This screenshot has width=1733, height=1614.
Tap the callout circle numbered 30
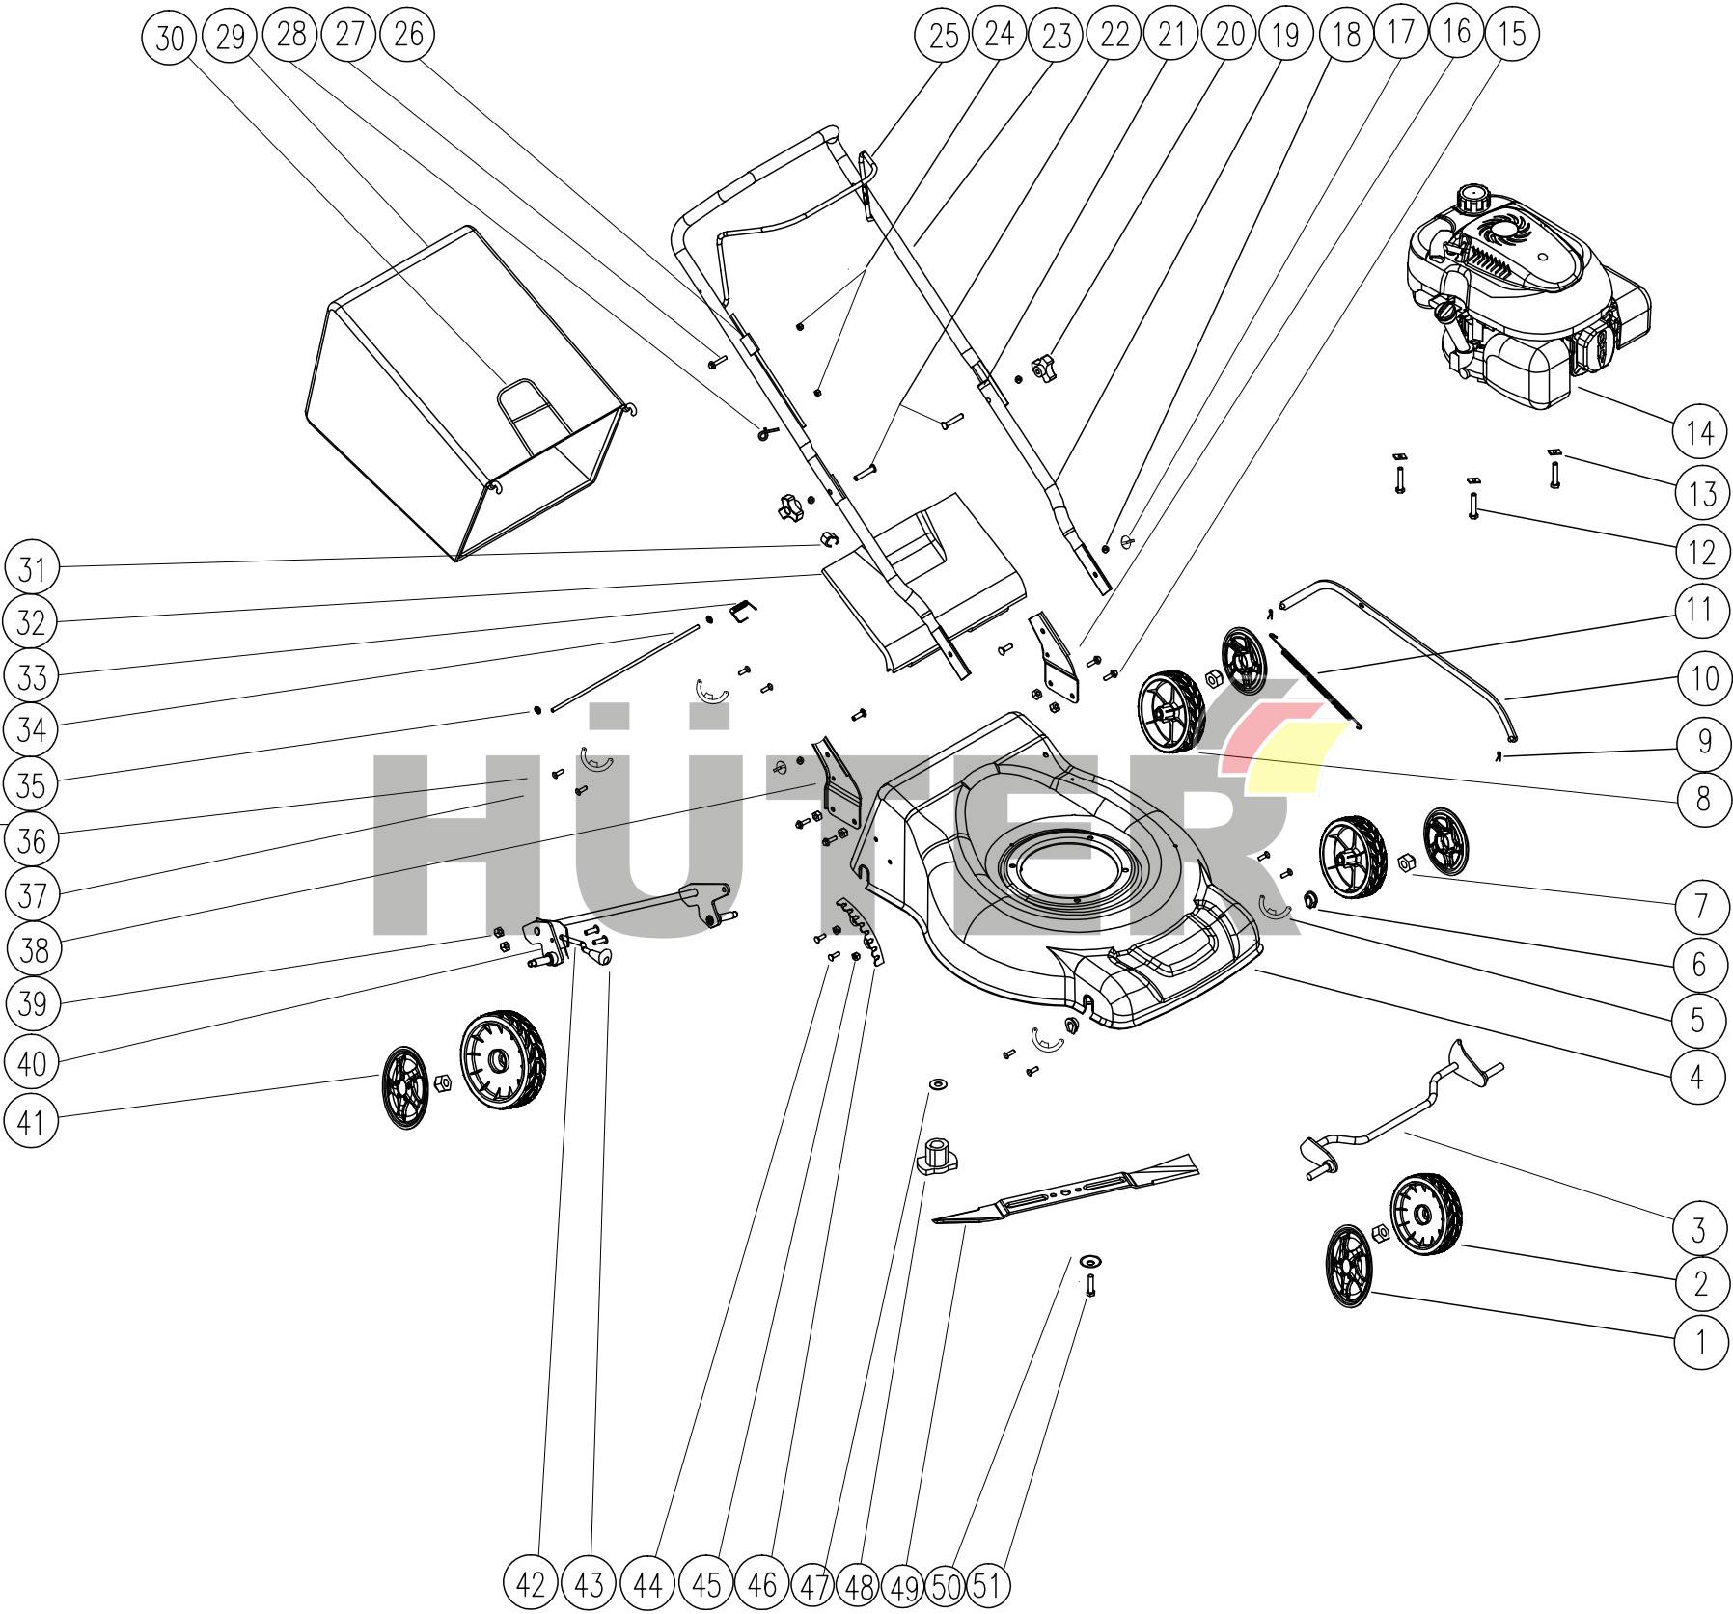point(169,37)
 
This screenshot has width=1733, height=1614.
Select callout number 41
point(32,1122)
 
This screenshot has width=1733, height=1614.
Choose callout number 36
point(32,840)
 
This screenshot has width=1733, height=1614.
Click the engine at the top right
point(1524,298)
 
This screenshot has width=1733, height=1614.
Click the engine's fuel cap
point(1472,200)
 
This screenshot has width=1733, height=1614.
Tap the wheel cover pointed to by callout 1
point(1348,1268)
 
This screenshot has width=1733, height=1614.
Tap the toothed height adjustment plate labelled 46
point(862,930)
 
